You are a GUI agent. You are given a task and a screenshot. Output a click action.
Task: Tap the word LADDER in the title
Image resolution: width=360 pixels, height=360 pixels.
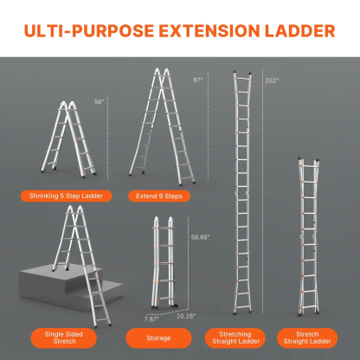[299, 31]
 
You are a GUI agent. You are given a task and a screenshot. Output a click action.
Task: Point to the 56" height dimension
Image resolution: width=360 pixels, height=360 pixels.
[100, 101]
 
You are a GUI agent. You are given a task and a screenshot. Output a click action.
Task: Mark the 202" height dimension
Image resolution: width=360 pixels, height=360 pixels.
[272, 80]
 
